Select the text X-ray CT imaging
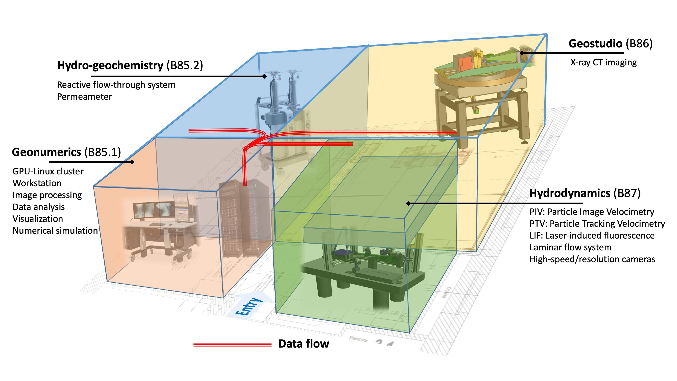[x=603, y=63]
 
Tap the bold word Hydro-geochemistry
[x=110, y=65]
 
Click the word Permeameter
[x=84, y=97]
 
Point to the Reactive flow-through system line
[x=116, y=85]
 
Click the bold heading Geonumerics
[x=47, y=152]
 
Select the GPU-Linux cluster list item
[x=48, y=171]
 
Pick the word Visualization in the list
[x=38, y=219]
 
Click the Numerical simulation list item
[x=55, y=231]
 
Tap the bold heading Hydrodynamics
[x=570, y=193]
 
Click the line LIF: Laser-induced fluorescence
[x=592, y=236]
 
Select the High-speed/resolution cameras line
[x=592, y=259]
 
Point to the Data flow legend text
[x=304, y=344]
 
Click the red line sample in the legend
[x=232, y=344]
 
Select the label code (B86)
[x=639, y=44]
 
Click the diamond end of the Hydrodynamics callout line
[x=408, y=203]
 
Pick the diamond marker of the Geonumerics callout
[x=132, y=162]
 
